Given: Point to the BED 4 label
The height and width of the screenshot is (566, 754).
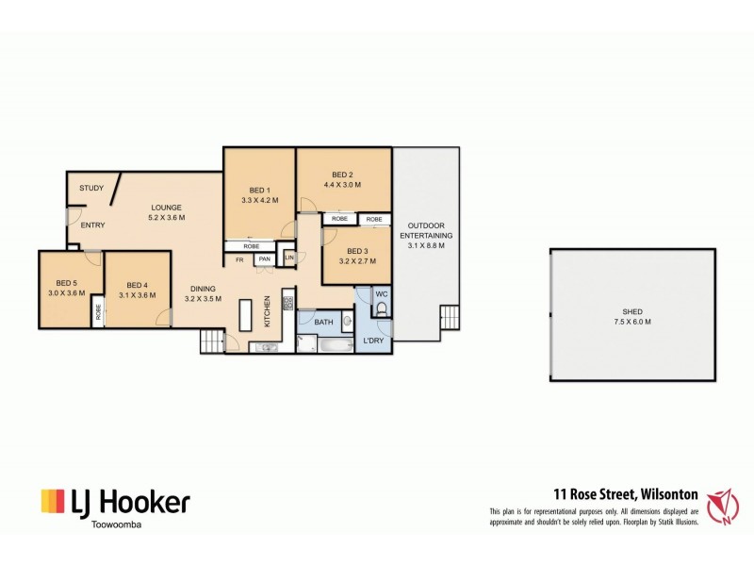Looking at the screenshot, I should click(137, 285).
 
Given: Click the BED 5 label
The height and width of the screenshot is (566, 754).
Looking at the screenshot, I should click(66, 282).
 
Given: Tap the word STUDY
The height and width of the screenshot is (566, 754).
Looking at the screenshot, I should click(91, 188).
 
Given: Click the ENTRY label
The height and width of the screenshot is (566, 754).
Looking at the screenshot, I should click(92, 225).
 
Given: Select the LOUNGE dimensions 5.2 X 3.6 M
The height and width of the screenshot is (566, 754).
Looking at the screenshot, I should click(166, 218).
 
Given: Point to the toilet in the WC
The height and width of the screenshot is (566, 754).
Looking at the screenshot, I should click(382, 308).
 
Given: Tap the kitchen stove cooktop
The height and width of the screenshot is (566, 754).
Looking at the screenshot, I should click(289, 304).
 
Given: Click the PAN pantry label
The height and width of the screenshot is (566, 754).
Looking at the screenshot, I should click(265, 258).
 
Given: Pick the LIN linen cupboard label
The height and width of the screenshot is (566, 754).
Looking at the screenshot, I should click(289, 258).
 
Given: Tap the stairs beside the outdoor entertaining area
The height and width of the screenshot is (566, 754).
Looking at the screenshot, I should click(451, 316).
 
